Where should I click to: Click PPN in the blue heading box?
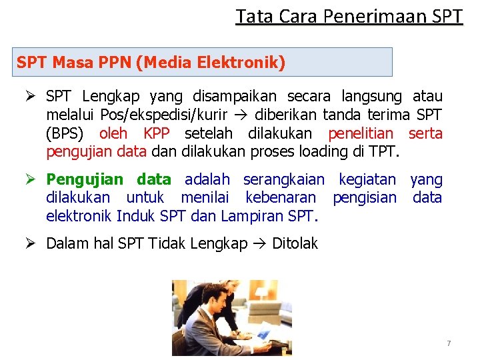(113, 63)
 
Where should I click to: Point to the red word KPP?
(156, 133)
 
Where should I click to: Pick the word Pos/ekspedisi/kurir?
(161, 115)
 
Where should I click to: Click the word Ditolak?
(295, 243)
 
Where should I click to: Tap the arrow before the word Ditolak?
(260, 243)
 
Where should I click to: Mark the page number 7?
(449, 343)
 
